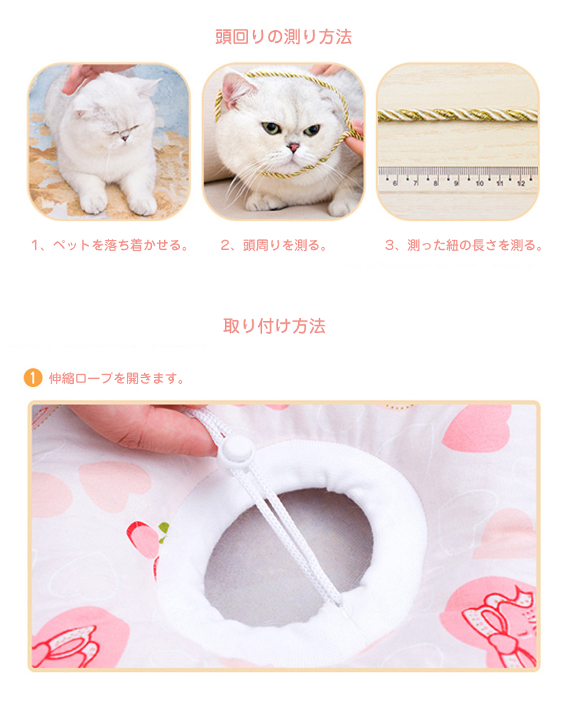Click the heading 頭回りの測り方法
[x=283, y=37]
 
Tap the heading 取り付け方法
[x=274, y=326]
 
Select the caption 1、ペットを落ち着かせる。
[x=110, y=245]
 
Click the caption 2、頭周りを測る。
[x=274, y=245]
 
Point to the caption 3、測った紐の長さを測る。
[x=464, y=245]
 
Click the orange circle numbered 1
[x=33, y=378]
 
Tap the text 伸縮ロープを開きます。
[x=117, y=378]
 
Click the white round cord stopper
[x=236, y=450]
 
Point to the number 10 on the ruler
[x=479, y=183]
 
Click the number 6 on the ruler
[x=395, y=183]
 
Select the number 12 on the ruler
[x=521, y=183]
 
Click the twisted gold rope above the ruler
[x=458, y=115]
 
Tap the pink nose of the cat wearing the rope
[x=293, y=148]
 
